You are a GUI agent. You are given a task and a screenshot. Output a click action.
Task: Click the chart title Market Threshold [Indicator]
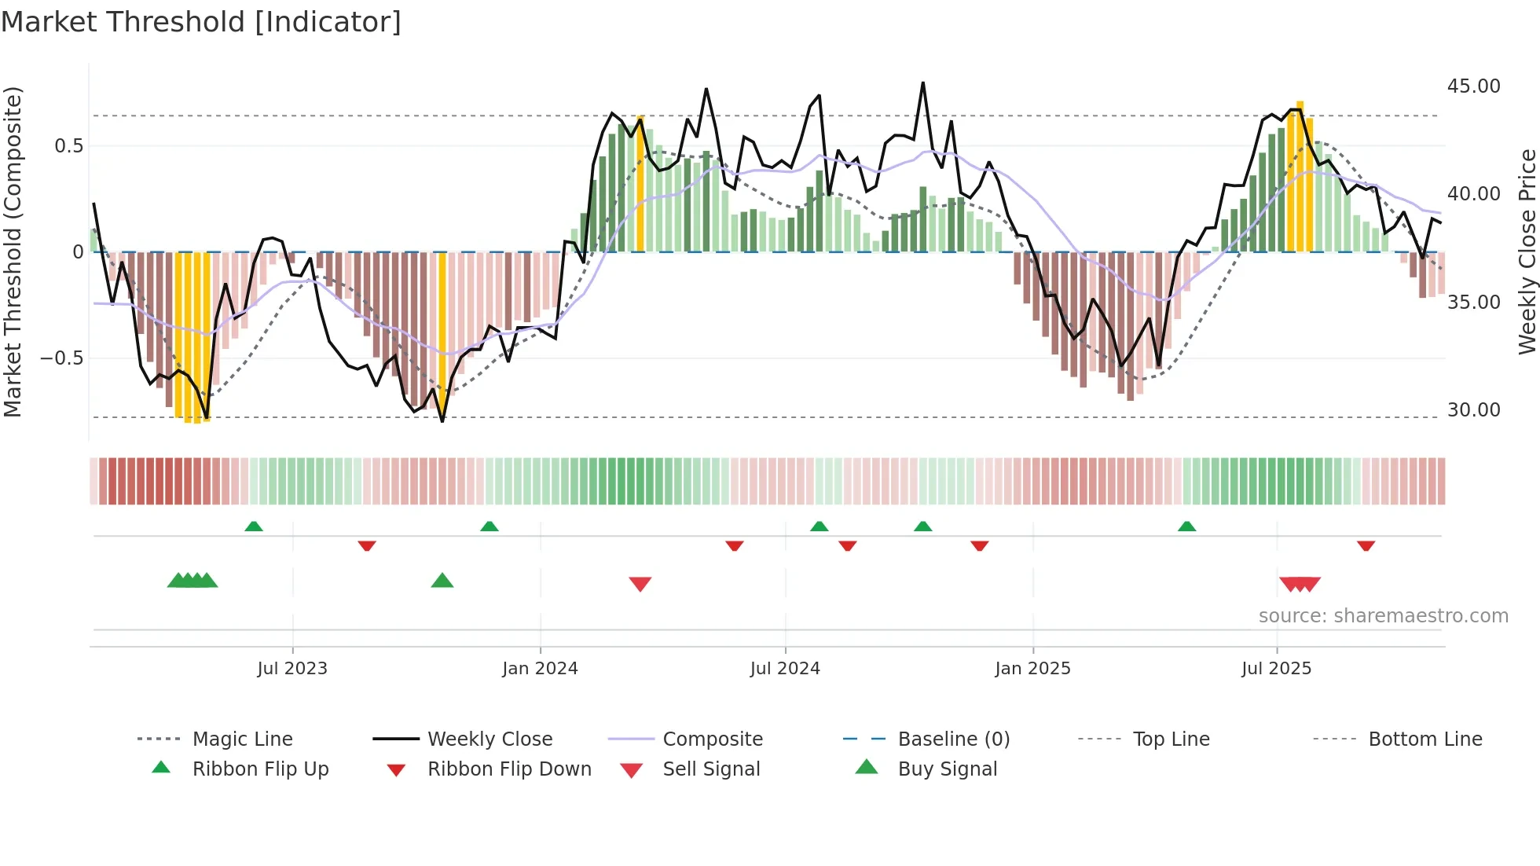(x=201, y=22)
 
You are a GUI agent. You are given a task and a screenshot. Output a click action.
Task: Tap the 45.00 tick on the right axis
(x=1473, y=86)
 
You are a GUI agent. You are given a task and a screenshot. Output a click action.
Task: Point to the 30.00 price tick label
(x=1473, y=410)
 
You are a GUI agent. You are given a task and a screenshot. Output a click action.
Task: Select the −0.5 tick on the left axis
(x=61, y=358)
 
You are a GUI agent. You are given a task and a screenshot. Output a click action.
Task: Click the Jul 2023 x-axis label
(x=292, y=669)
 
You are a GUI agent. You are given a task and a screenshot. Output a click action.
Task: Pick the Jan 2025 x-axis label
(x=1032, y=669)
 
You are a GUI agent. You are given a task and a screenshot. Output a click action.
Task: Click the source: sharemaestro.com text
(x=1383, y=616)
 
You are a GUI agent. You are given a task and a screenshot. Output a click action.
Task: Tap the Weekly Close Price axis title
(x=1527, y=251)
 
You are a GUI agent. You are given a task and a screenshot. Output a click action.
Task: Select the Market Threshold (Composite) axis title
(x=13, y=251)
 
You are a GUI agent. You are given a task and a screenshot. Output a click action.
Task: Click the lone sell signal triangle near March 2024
(x=640, y=584)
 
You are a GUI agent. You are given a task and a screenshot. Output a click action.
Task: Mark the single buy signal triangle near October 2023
(x=442, y=581)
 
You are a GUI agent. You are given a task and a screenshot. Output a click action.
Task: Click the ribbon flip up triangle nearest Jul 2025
(x=1186, y=527)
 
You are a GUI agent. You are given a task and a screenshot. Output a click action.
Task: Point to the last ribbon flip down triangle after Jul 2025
(x=1366, y=545)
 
